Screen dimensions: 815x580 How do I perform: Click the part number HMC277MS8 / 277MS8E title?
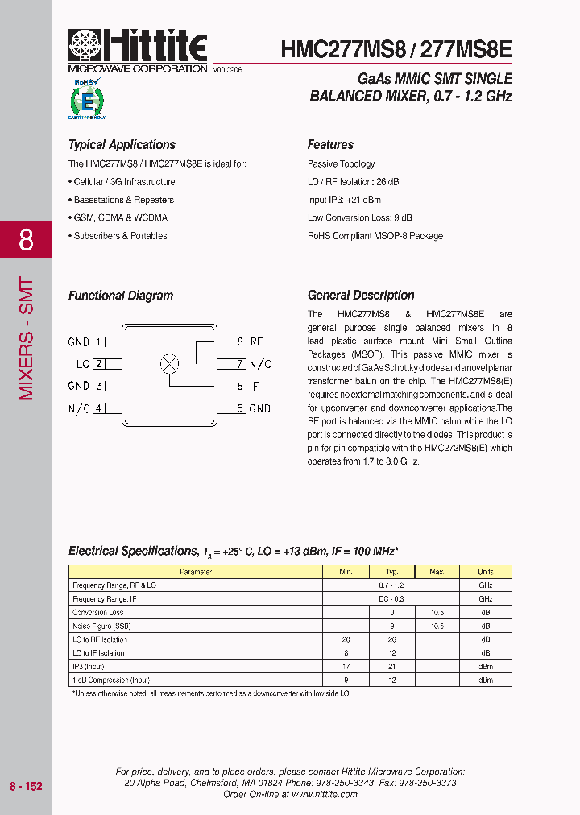(x=396, y=49)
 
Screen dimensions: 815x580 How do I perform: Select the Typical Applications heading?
(x=122, y=145)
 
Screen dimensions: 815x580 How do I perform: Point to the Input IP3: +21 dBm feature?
(x=344, y=200)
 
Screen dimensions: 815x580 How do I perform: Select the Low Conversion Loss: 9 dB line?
(x=359, y=217)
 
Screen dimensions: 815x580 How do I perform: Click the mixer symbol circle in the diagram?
(x=169, y=363)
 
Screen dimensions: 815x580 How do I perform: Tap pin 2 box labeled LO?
(x=98, y=364)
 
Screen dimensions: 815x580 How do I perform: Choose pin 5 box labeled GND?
(x=239, y=408)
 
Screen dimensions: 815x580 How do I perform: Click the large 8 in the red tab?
(x=26, y=239)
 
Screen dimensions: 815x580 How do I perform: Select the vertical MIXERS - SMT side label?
(x=26, y=338)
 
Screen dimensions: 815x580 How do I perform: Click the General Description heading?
(x=361, y=296)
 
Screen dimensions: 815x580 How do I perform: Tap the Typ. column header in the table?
(x=391, y=572)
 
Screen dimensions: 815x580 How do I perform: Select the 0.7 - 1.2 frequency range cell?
(x=391, y=585)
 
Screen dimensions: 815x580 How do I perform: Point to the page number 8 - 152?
(x=26, y=786)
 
